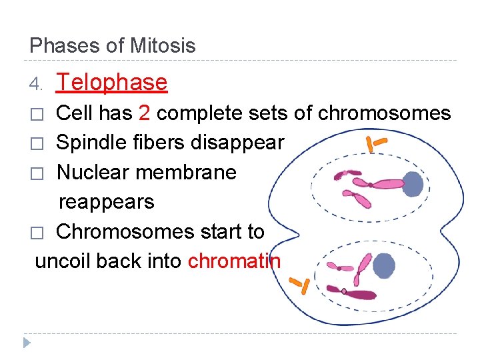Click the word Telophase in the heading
[112, 82]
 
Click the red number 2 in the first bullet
[145, 113]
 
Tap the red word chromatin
[234, 261]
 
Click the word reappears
[107, 201]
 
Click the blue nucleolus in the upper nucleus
[413, 185]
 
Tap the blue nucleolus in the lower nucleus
[384, 265]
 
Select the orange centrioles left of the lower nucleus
[303, 284]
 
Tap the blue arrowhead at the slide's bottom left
[26, 343]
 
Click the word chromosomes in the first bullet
[385, 113]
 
